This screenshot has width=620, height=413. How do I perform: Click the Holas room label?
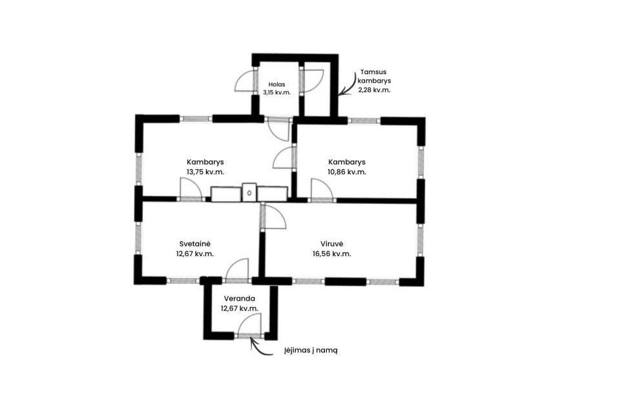point(276,84)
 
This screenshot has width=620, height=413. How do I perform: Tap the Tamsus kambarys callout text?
point(374,76)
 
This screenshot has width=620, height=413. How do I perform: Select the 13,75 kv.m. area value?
point(205,172)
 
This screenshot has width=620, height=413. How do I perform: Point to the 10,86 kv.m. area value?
point(347,172)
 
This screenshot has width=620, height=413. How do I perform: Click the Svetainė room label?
point(194,243)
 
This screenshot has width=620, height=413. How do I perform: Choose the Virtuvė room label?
point(332,243)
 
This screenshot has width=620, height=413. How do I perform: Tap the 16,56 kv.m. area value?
point(332,254)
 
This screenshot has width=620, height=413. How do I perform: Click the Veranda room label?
point(240,298)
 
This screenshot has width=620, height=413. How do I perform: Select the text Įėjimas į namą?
point(311,350)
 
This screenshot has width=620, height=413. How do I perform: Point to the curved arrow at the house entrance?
point(259,349)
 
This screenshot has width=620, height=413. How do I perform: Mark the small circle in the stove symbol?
point(249,193)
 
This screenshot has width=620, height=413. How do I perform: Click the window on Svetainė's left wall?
point(138,237)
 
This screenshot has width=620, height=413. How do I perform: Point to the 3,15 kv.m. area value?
point(277,92)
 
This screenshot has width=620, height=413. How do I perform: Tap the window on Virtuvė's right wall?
point(420,240)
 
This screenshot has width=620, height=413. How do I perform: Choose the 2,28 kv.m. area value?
point(374,90)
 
